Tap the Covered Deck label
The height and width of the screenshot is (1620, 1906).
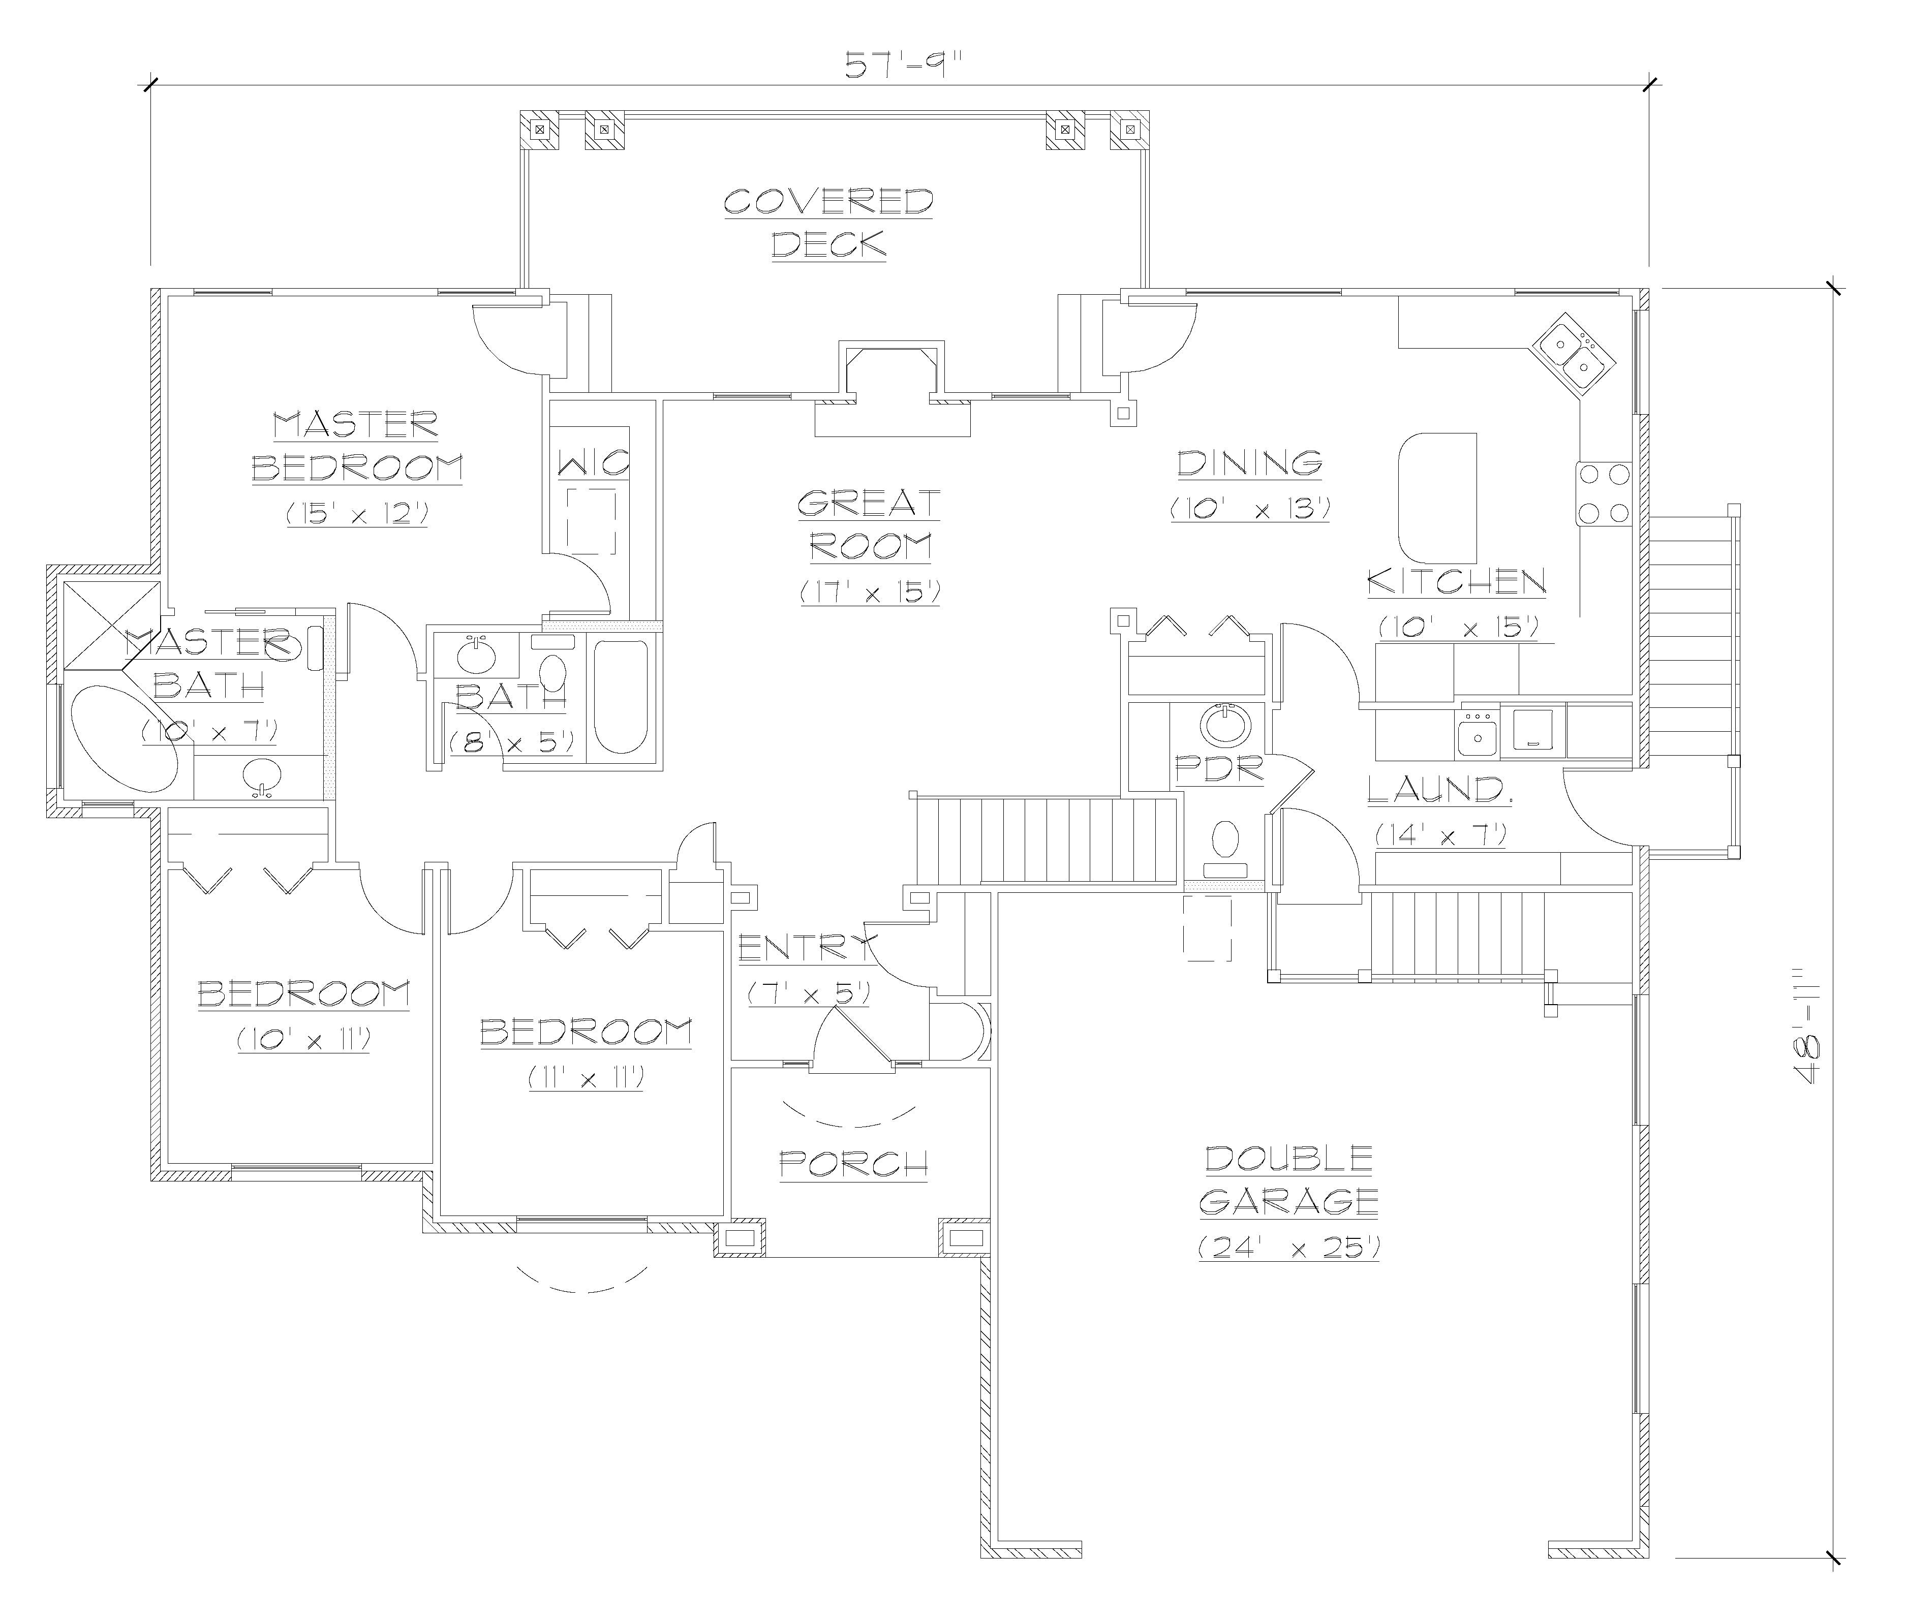[x=828, y=223]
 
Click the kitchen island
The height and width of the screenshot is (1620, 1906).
[x=1437, y=497]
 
